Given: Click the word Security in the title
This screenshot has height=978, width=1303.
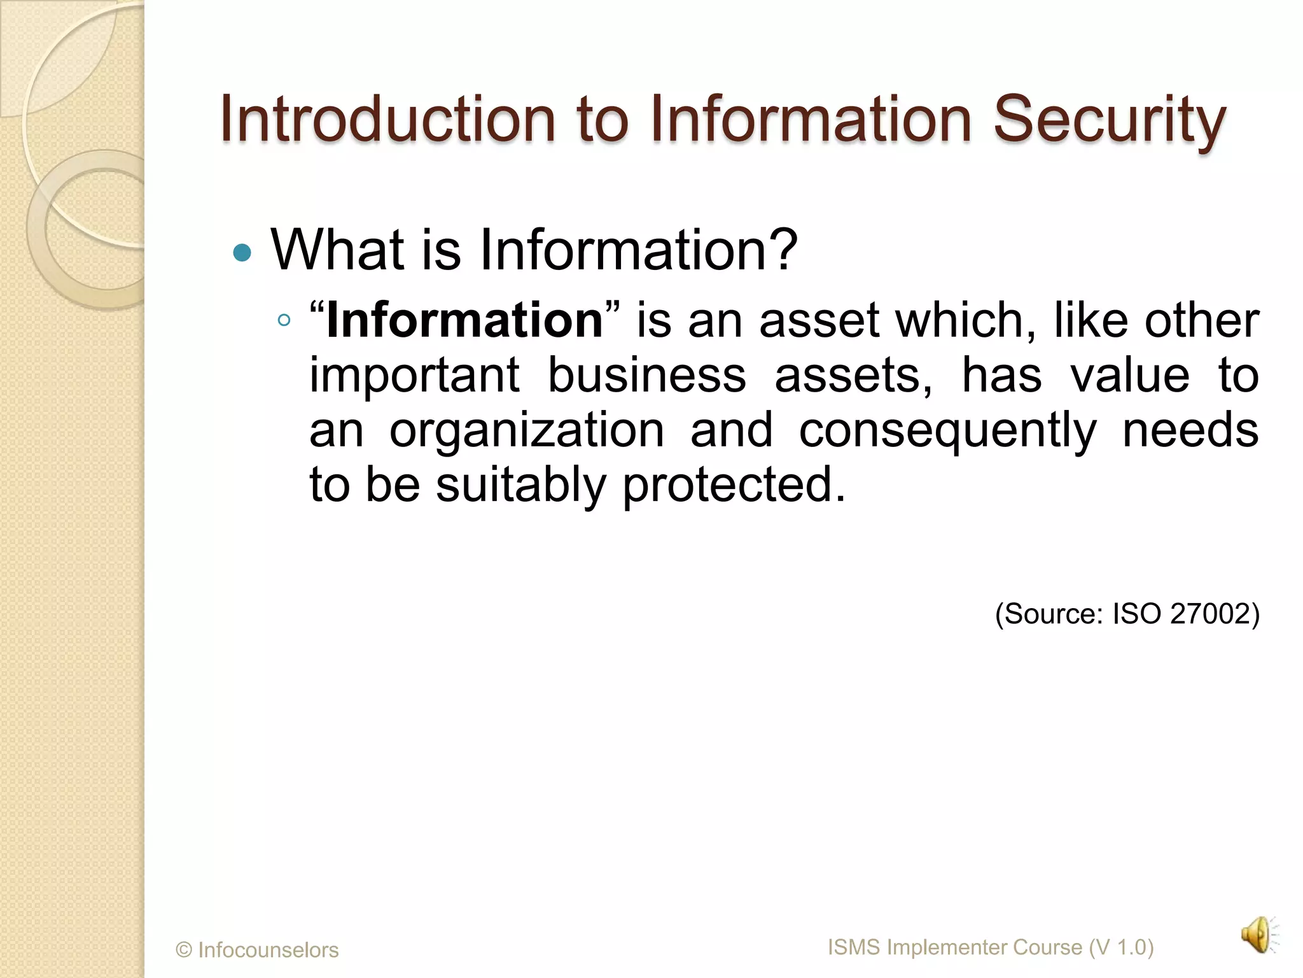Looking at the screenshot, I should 1109,120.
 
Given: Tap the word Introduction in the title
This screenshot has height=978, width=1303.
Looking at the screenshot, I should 387,120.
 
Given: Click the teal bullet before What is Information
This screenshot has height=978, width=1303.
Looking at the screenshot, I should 242,253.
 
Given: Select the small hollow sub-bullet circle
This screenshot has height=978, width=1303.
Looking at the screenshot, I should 284,320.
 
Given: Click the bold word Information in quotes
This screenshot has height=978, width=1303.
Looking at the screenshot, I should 464,320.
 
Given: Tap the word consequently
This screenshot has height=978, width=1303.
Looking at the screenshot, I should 948,431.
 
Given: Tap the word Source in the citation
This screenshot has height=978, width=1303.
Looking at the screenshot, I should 1053,614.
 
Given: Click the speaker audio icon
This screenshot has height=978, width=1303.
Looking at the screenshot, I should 1258,935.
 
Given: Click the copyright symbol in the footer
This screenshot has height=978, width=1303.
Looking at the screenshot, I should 184,950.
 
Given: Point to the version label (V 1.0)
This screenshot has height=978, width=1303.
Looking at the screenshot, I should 1121,947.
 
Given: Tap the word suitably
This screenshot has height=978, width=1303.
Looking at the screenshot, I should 520,485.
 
